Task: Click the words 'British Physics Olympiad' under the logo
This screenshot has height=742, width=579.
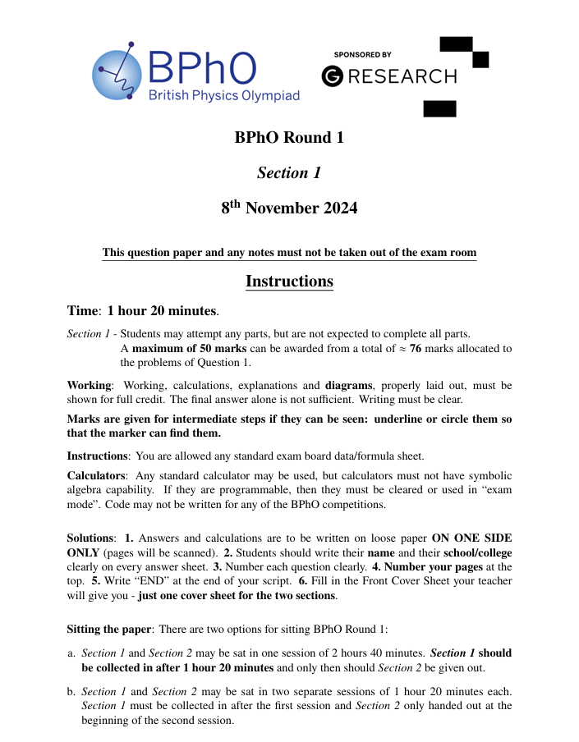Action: tap(223, 96)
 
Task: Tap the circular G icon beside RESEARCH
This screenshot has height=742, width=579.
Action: tap(333, 76)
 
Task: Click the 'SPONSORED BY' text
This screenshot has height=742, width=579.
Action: tap(362, 54)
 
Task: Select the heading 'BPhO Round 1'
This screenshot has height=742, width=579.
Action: tap(289, 137)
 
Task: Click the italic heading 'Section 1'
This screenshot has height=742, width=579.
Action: tap(289, 172)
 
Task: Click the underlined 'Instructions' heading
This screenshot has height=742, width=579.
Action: tap(289, 282)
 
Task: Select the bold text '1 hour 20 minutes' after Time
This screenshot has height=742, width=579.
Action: tap(163, 311)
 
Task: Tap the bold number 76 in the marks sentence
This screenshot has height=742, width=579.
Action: tap(427, 349)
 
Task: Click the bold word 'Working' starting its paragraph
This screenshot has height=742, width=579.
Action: tap(88, 385)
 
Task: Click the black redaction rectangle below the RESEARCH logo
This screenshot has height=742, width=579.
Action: tap(439, 108)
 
